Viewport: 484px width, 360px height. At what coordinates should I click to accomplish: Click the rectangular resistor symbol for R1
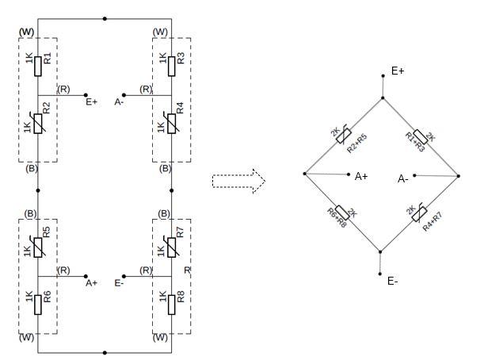point(37,65)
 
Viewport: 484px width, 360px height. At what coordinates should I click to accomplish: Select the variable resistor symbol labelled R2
point(37,124)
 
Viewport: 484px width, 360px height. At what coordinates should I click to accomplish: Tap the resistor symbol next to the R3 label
point(171,65)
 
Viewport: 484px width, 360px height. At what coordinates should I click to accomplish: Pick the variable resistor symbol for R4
point(171,124)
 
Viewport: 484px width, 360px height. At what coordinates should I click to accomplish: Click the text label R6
point(47,297)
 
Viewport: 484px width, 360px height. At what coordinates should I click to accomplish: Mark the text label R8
point(181,297)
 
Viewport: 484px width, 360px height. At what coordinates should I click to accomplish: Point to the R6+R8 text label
point(337,217)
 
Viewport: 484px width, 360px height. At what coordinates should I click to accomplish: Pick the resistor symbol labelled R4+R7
point(421,214)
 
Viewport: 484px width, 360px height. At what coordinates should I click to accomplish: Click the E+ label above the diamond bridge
point(398,71)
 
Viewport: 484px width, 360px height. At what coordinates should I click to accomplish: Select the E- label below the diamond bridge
point(393,281)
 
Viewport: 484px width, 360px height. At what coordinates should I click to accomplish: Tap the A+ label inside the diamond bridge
point(361,176)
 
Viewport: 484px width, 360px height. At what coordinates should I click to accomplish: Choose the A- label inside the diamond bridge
point(402,179)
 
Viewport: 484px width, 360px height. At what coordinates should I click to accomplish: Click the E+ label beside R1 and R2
point(91,101)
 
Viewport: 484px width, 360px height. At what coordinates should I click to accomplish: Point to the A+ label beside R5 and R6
point(91,281)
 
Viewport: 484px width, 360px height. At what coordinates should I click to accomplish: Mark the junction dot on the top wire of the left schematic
point(105,17)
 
